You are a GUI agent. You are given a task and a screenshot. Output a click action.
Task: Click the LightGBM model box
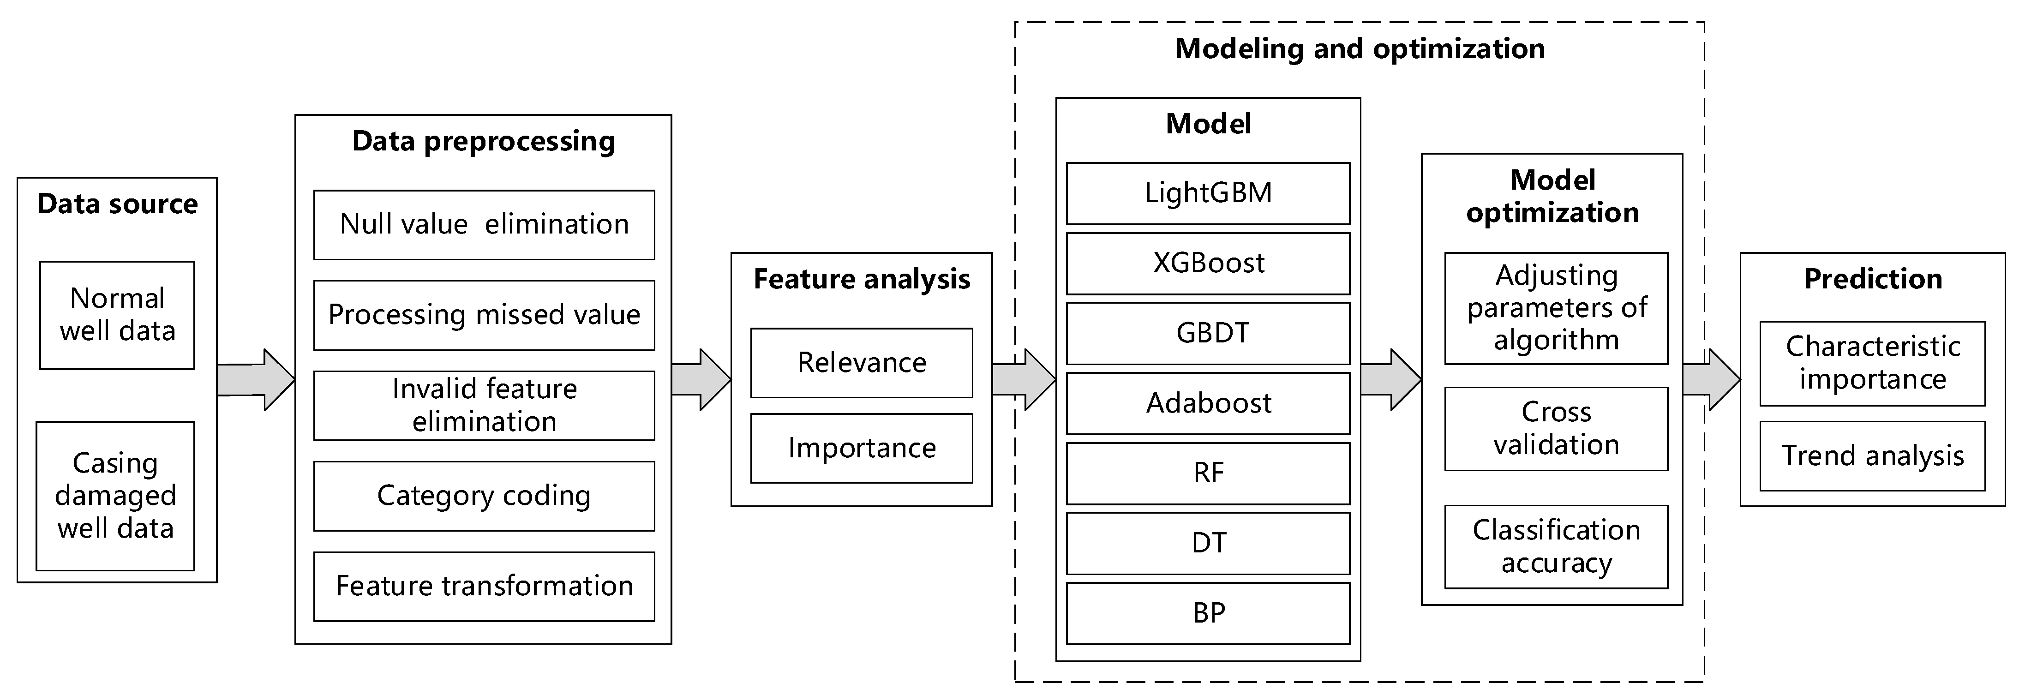pos(1208,193)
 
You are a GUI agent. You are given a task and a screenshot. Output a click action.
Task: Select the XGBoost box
pos(1208,263)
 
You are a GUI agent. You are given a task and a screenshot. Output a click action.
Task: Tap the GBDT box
pos(1208,333)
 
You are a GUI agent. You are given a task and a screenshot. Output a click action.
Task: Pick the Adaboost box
pos(1208,403)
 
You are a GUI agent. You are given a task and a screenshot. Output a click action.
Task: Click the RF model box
pos(1208,473)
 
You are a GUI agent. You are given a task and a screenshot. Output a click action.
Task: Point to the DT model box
pos(1208,543)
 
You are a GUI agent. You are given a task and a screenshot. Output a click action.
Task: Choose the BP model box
pos(1208,613)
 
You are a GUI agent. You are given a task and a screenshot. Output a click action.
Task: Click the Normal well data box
pos(117,315)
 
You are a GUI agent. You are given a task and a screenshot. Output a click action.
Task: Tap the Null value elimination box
pos(484,225)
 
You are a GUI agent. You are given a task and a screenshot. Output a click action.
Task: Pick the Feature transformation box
pos(484,586)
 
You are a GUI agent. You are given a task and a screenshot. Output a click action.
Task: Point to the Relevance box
pos(862,363)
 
